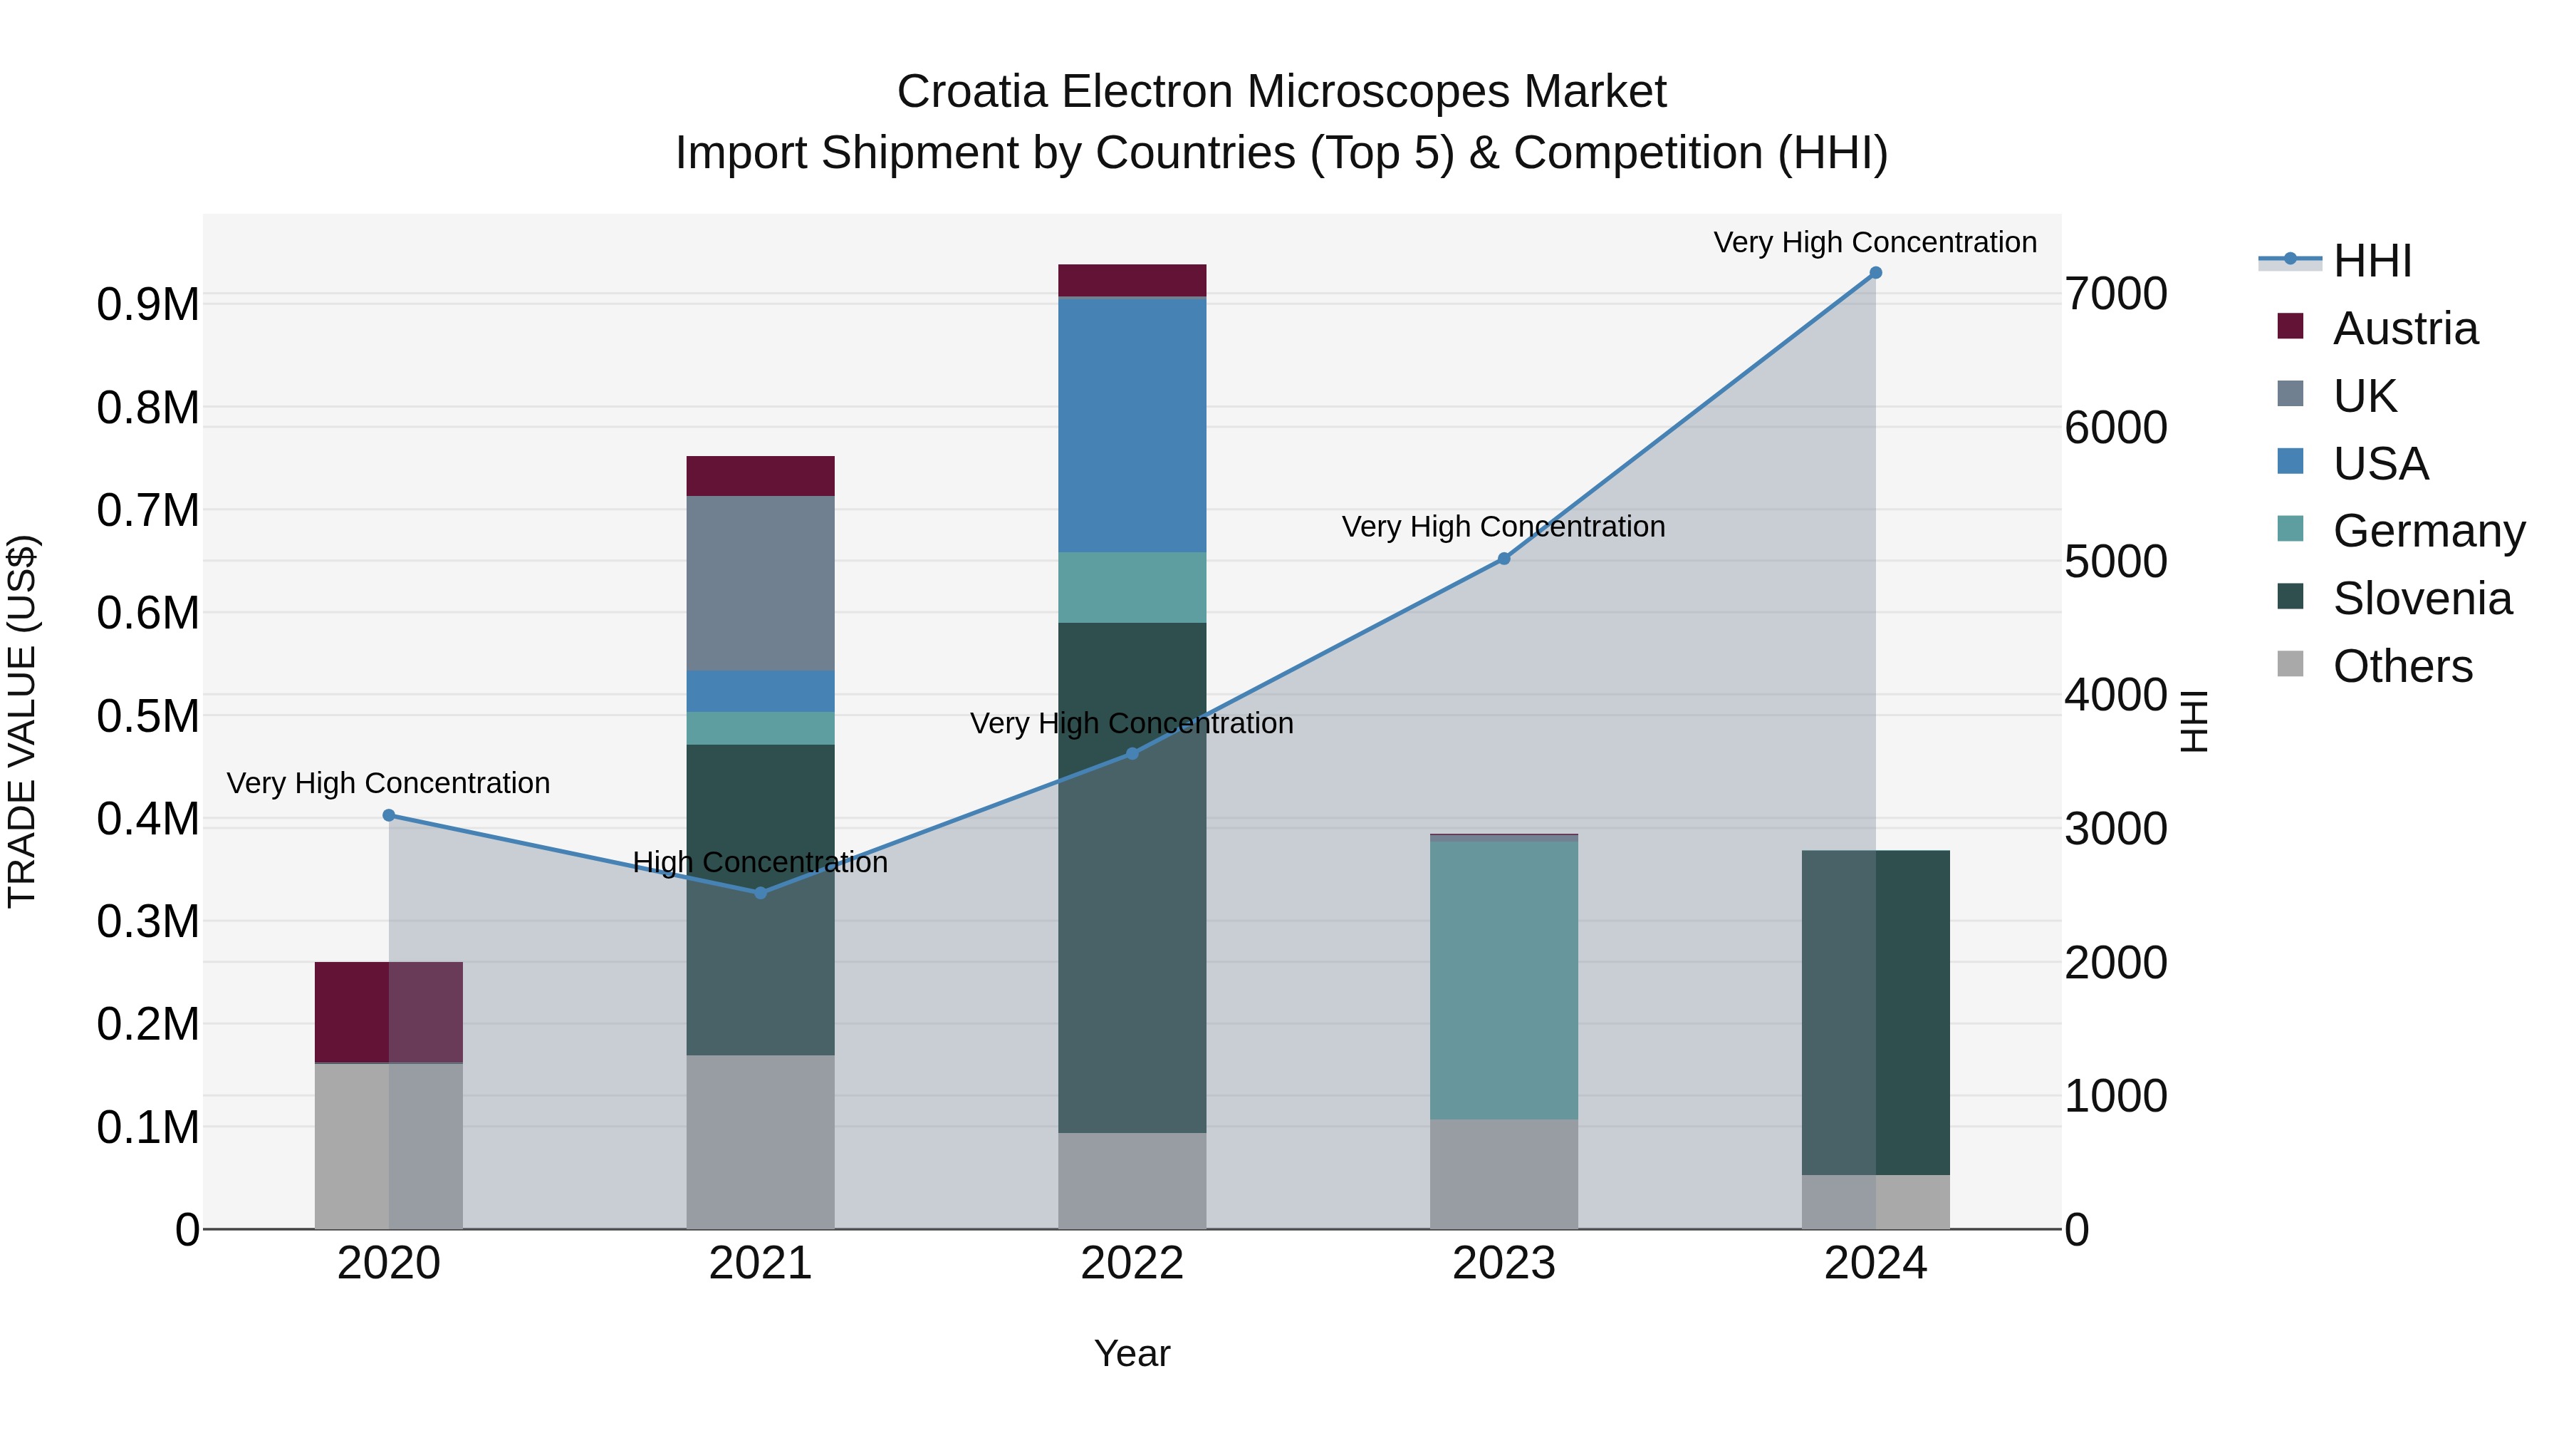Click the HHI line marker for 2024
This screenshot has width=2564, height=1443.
coord(1875,273)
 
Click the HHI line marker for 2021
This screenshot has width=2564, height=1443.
coord(761,892)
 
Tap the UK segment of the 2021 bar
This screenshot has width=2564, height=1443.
coord(761,584)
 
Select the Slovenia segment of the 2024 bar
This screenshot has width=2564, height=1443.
coord(1875,1012)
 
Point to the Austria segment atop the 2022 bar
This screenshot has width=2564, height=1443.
coord(1132,281)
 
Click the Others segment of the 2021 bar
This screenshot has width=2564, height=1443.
coord(761,1142)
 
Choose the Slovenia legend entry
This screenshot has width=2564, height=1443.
coord(2422,599)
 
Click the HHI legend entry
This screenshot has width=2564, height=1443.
coord(2372,261)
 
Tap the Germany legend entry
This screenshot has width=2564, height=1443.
coord(2428,531)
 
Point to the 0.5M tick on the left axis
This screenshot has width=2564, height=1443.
coord(148,716)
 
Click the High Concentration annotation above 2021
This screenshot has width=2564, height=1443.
coord(761,862)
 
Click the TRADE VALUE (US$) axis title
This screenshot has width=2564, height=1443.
coord(22,721)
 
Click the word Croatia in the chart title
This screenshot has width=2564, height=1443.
coord(971,92)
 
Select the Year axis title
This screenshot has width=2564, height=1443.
coord(1132,1353)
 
